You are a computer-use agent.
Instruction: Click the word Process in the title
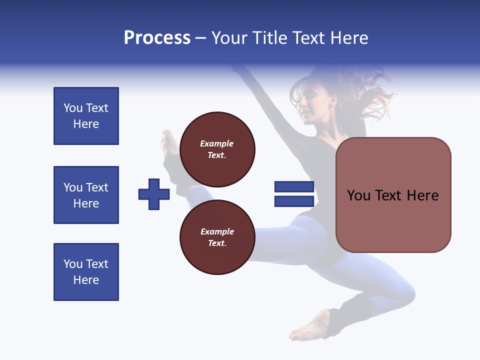[157, 38]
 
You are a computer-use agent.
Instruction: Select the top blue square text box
[86, 116]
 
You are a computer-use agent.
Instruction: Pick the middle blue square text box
[86, 195]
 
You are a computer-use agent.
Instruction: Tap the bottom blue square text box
[86, 272]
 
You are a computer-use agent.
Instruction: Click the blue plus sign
[154, 194]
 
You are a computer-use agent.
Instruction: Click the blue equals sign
[294, 194]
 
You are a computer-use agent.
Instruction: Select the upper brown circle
[217, 149]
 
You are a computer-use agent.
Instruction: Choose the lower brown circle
[217, 237]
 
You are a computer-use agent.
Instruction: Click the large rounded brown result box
[393, 195]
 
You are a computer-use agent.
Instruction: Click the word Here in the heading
[348, 38]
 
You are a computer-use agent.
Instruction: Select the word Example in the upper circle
[217, 143]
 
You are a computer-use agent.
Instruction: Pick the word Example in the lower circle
[217, 231]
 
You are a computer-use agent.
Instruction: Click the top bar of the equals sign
[294, 187]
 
